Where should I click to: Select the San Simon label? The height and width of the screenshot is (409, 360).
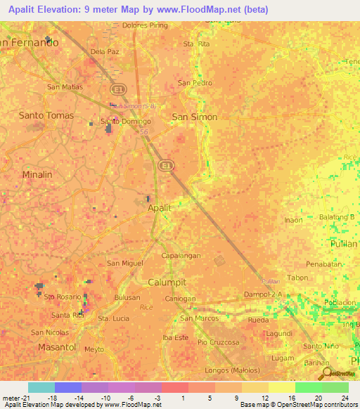[195, 117]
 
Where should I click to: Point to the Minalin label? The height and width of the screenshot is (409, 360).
[37, 174]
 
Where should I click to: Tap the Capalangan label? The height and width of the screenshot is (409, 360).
[181, 257]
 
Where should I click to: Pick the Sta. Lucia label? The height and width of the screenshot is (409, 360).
[113, 318]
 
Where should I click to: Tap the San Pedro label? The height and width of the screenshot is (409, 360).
[195, 83]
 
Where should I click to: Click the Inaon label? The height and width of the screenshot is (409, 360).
[293, 220]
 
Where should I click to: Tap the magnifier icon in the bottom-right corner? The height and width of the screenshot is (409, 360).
[326, 373]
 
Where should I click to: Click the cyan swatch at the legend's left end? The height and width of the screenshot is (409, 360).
[41, 387]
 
